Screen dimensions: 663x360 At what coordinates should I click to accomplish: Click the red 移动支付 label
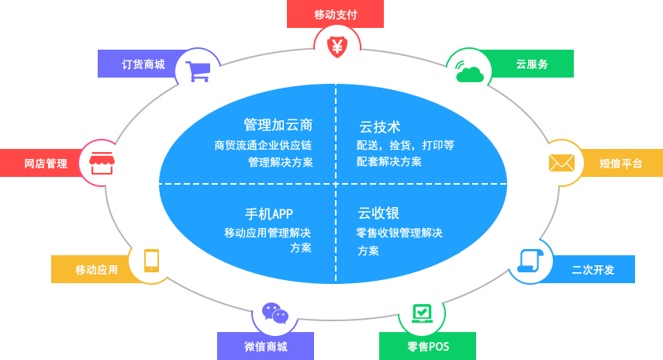coord(335,14)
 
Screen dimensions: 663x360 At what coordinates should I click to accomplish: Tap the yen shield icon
coord(337,47)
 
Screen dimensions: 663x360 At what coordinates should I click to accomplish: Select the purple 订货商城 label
coord(143,64)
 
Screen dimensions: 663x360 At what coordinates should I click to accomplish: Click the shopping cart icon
coord(198,71)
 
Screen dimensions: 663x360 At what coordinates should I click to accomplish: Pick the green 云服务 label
coord(531,64)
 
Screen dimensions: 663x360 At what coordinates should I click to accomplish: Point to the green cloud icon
coord(469,72)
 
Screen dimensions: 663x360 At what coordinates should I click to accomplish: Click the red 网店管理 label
coord(45,163)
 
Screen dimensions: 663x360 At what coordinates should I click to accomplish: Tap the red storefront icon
coord(102,163)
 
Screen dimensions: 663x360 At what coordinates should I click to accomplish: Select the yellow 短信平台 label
coord(620,163)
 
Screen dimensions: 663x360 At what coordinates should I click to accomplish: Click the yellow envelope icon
coord(561,163)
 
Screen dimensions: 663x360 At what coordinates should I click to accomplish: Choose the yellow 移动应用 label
coord(96,269)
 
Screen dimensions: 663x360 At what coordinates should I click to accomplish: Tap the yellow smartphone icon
coord(151,261)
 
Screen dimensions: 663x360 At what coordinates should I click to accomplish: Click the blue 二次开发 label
coord(592,269)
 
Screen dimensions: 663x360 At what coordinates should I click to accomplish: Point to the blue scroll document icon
coord(530,261)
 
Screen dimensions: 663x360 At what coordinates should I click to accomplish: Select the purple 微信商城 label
coord(265,347)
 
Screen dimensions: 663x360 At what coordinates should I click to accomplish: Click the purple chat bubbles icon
coord(275,313)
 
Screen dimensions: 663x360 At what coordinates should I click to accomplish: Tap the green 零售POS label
coord(427,347)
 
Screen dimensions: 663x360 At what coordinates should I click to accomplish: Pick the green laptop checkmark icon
coord(422,313)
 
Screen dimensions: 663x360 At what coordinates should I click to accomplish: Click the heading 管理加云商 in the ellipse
coord(278,125)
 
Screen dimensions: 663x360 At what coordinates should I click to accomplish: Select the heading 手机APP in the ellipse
coord(269,213)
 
